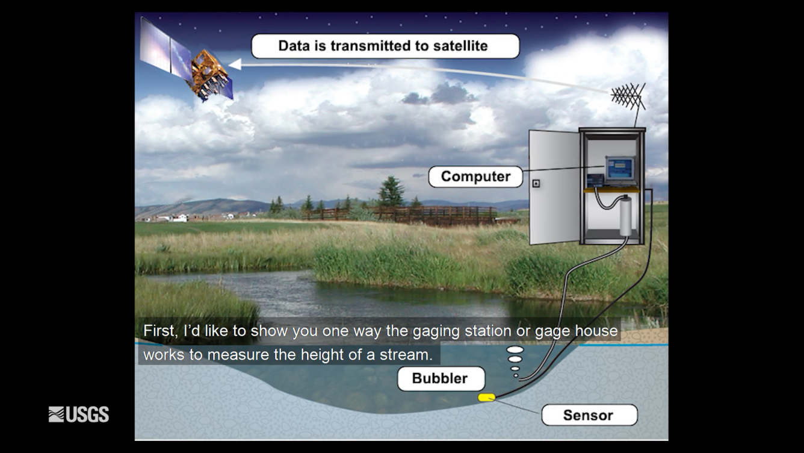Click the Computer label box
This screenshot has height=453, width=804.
pos(475,177)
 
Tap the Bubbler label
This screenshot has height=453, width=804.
pos(441,379)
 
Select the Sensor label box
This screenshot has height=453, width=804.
pos(589,415)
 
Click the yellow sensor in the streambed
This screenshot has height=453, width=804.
pos(487,398)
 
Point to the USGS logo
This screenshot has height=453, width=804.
pos(79,414)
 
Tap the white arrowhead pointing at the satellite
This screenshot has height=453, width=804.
pos(235,64)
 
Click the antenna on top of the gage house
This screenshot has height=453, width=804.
pos(628,96)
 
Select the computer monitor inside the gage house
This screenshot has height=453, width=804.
pos(620,169)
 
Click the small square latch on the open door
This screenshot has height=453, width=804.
pos(536,184)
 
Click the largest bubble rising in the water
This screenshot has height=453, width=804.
pos(515,349)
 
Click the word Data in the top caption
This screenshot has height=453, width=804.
pos(294,46)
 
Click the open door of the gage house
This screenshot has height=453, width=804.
pos(554,187)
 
